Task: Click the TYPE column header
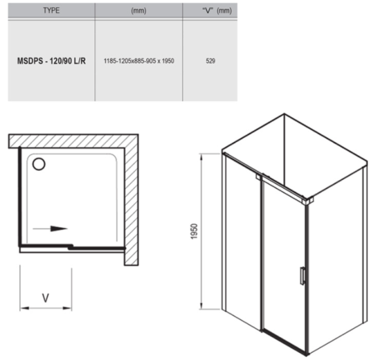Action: tap(51, 10)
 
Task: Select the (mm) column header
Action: tap(139, 10)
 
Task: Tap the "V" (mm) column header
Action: tap(217, 10)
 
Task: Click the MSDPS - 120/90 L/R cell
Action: tap(51, 61)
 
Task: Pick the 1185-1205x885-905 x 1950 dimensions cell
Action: tap(139, 61)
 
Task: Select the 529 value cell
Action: tap(210, 61)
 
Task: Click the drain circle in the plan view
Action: tap(39, 164)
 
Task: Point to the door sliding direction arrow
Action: tap(50, 228)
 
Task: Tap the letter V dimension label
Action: tap(46, 298)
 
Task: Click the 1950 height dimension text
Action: tap(194, 232)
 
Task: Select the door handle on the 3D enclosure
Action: tap(302, 276)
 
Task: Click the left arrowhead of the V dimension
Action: tap(24, 308)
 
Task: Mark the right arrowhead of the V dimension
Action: tap(67, 308)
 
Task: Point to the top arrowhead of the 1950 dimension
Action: tap(201, 158)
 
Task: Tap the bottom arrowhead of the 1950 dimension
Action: tap(201, 305)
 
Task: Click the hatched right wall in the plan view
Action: tap(131, 206)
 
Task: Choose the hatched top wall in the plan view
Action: tap(73, 141)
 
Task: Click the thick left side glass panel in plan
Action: tap(20, 196)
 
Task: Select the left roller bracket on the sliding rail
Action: tap(259, 177)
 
